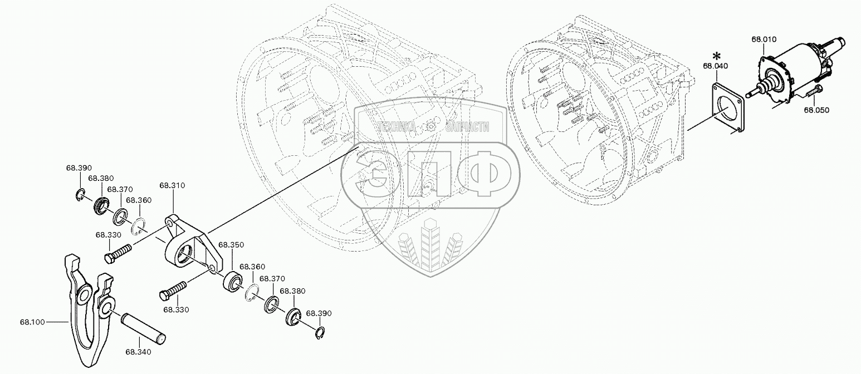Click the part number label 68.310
[172, 185]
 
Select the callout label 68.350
[230, 244]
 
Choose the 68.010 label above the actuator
[764, 40]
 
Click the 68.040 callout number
[715, 66]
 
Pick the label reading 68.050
[816, 110]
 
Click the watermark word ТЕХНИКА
[397, 127]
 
